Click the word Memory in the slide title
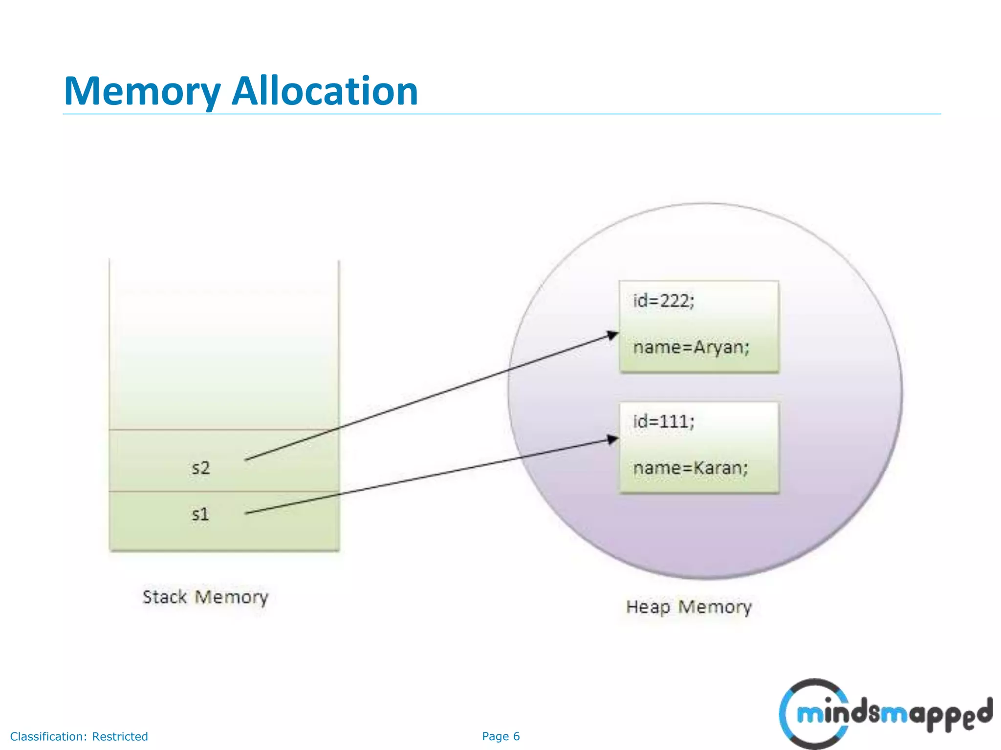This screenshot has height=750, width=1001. click(142, 92)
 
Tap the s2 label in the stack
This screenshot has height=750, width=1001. click(200, 468)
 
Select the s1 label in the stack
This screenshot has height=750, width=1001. click(200, 514)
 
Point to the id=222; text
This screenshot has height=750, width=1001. click(663, 301)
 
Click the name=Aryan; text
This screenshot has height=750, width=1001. click(691, 347)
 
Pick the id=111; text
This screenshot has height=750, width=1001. click(663, 421)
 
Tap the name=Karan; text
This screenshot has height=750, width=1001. click(690, 468)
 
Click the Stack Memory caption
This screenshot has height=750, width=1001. click(205, 597)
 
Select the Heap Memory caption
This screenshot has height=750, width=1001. click(689, 607)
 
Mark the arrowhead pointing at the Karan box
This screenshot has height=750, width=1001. click(613, 439)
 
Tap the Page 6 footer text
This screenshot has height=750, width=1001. click(500, 736)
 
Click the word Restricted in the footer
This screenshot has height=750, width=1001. click(120, 736)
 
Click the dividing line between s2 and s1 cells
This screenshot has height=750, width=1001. click(224, 491)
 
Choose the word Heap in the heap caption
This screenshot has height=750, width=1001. click(648, 607)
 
